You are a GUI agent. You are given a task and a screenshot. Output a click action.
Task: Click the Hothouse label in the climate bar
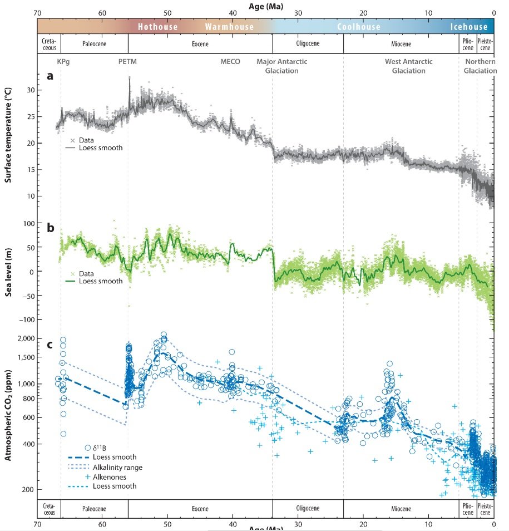coord(157,27)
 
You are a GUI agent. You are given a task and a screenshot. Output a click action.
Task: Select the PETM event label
coord(127,62)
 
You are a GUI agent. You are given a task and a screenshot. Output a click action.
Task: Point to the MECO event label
coord(230,62)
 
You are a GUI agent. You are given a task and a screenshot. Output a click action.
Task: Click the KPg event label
coord(64,62)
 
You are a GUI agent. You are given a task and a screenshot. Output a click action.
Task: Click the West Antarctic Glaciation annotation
coord(409,66)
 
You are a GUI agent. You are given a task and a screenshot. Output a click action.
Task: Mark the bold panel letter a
coord(50,76)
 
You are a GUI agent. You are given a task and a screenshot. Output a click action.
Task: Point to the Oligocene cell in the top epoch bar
coord(307,43)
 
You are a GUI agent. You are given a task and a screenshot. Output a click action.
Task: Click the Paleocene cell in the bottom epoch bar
coord(94,508)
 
